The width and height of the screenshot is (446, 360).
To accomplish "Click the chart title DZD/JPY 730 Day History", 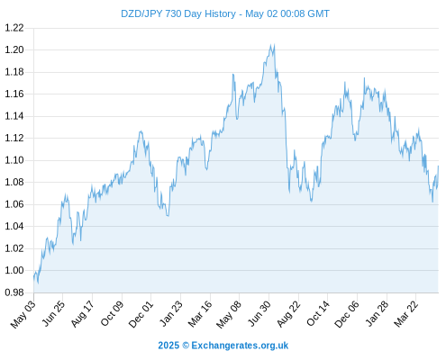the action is click(178, 13).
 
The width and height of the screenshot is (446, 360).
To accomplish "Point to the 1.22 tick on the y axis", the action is click(14, 28).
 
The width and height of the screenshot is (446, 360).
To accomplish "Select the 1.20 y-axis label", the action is click(14, 49).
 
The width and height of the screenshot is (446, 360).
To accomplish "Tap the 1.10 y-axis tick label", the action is click(14, 160).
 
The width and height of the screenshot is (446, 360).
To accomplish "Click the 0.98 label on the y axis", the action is click(14, 292).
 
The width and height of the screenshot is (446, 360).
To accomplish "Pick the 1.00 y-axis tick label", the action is click(14, 270).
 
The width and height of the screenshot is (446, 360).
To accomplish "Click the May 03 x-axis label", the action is click(23, 314).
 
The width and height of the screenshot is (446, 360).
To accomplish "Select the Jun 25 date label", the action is click(52, 313).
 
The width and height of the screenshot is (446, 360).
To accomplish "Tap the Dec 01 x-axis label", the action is click(141, 314).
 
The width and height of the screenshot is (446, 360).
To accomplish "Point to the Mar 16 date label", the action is click(200, 314).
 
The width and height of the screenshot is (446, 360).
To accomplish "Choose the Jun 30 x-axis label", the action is click(259, 313).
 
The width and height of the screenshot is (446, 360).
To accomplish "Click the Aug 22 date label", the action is click(288, 314).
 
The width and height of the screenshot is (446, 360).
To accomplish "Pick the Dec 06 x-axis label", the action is click(347, 314).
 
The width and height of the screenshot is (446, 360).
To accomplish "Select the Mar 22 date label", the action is click(405, 314).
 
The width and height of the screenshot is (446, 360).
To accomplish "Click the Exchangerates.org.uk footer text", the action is click(240, 346).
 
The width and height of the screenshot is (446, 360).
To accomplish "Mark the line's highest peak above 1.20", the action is click(274, 45).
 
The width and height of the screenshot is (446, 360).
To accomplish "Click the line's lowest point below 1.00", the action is click(38, 283).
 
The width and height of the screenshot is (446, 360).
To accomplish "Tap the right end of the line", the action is click(438, 166).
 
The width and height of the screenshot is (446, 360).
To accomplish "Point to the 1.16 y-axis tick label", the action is click(14, 94).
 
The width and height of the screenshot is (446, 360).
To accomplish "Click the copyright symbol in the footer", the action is click(186, 346).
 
